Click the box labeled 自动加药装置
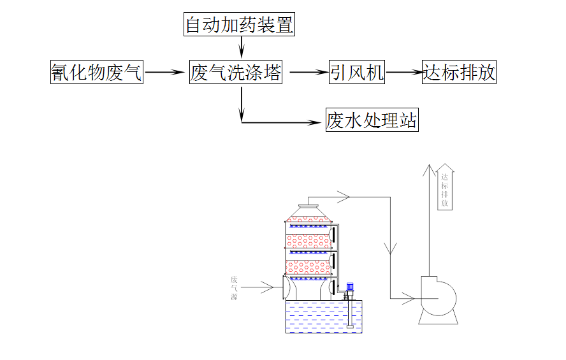[239, 25]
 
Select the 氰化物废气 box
[97, 73]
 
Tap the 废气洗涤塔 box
[235, 73]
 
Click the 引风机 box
[356, 73]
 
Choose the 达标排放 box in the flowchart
[459, 73]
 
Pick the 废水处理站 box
[372, 120]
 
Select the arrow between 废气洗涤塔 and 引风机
[308, 73]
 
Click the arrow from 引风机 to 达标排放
[403, 73]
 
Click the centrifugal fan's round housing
[437, 294]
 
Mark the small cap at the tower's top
[309, 205]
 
